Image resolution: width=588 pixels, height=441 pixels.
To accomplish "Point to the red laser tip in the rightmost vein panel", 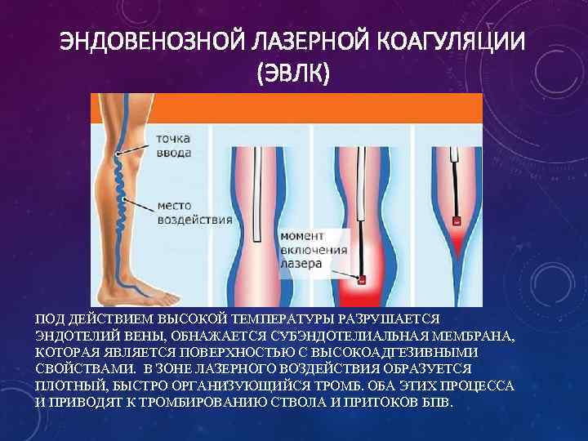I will click(457, 221).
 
